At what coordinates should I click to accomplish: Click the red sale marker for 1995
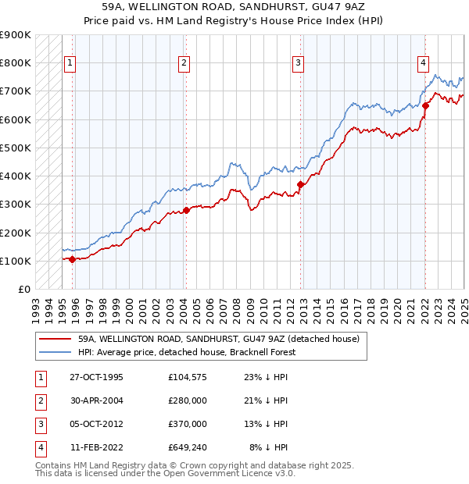coord(72,259)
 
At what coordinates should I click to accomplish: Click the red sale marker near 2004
coord(186,209)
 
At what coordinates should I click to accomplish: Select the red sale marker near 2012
coord(300,184)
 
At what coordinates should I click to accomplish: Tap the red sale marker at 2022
coord(425,105)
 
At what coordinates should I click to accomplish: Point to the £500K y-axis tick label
coord(15,148)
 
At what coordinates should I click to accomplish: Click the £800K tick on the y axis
coord(15,62)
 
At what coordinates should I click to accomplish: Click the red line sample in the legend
coord(54,340)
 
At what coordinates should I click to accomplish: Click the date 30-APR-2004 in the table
coord(95,400)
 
